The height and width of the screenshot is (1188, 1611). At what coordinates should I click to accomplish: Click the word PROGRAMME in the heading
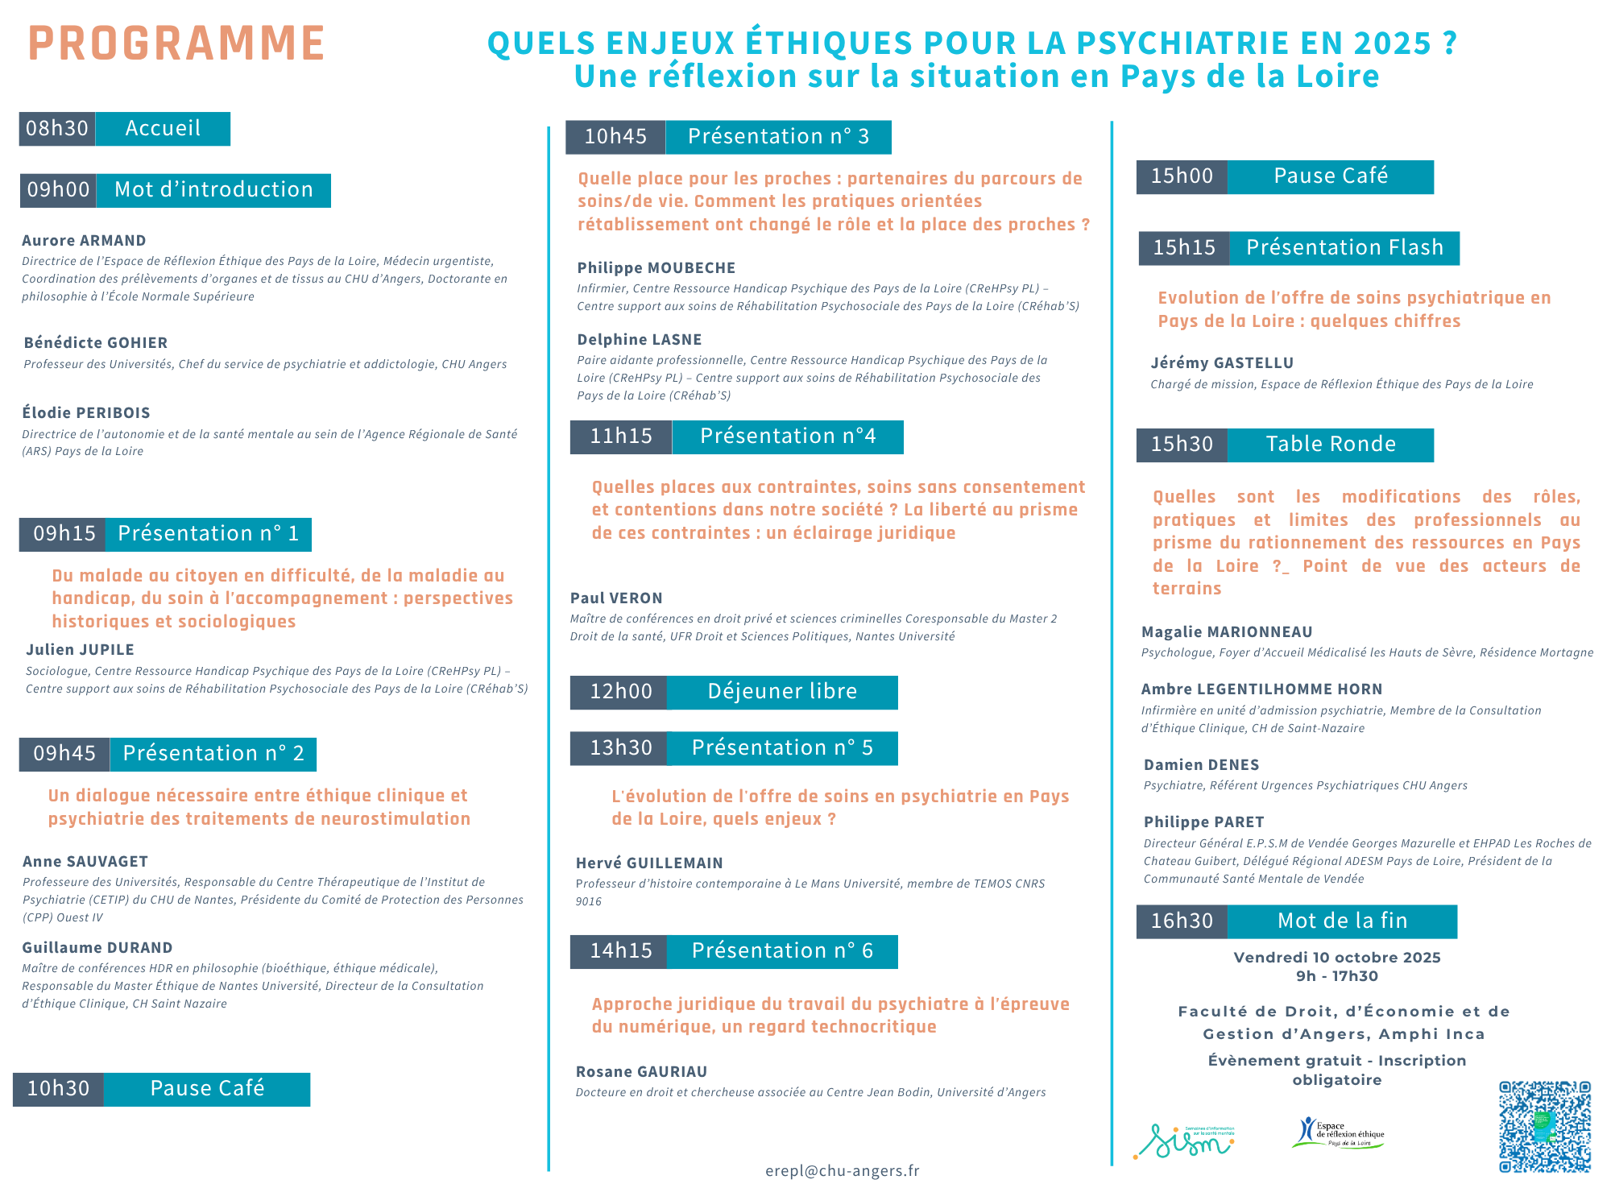point(176,43)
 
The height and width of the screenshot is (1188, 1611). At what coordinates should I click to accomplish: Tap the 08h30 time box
point(57,129)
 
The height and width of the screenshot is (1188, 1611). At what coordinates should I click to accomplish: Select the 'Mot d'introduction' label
point(213,190)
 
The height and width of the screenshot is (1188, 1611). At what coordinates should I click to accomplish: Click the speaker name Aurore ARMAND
point(84,241)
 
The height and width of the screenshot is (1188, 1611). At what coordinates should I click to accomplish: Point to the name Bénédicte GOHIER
point(96,343)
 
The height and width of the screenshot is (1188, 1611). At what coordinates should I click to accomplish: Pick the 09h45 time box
point(64,754)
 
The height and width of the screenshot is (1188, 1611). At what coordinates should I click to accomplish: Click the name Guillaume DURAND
point(97,948)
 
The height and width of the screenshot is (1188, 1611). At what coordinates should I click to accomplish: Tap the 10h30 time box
point(58,1089)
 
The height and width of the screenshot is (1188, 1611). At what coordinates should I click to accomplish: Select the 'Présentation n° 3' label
point(778,137)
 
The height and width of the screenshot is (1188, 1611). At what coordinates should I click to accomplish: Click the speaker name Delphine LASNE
point(640,340)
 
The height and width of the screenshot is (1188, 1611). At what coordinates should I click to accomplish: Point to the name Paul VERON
point(616,598)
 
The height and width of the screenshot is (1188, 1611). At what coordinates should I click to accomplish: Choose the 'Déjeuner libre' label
point(782,692)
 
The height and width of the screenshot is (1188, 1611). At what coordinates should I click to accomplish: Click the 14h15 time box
point(620,951)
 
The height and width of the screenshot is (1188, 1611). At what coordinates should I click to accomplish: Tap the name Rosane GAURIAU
point(641,1072)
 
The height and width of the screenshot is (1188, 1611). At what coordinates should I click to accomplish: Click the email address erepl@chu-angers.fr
point(842,1171)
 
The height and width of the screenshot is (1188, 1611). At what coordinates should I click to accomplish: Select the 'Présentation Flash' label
point(1344,248)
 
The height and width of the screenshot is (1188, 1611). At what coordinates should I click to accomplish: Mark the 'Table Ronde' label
point(1331,445)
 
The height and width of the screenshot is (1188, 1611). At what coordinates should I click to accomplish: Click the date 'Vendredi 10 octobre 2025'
point(1337,958)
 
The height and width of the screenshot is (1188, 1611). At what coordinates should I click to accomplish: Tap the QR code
point(1544,1127)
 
